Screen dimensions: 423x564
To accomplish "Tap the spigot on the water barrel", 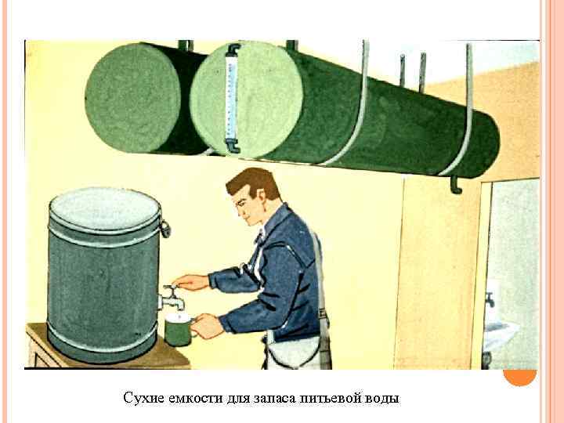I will (x=170, y=298).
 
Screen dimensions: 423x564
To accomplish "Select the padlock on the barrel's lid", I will (x=165, y=227).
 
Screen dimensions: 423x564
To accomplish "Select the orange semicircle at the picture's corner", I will (x=519, y=377).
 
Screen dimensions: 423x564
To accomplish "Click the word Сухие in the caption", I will (x=143, y=398).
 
